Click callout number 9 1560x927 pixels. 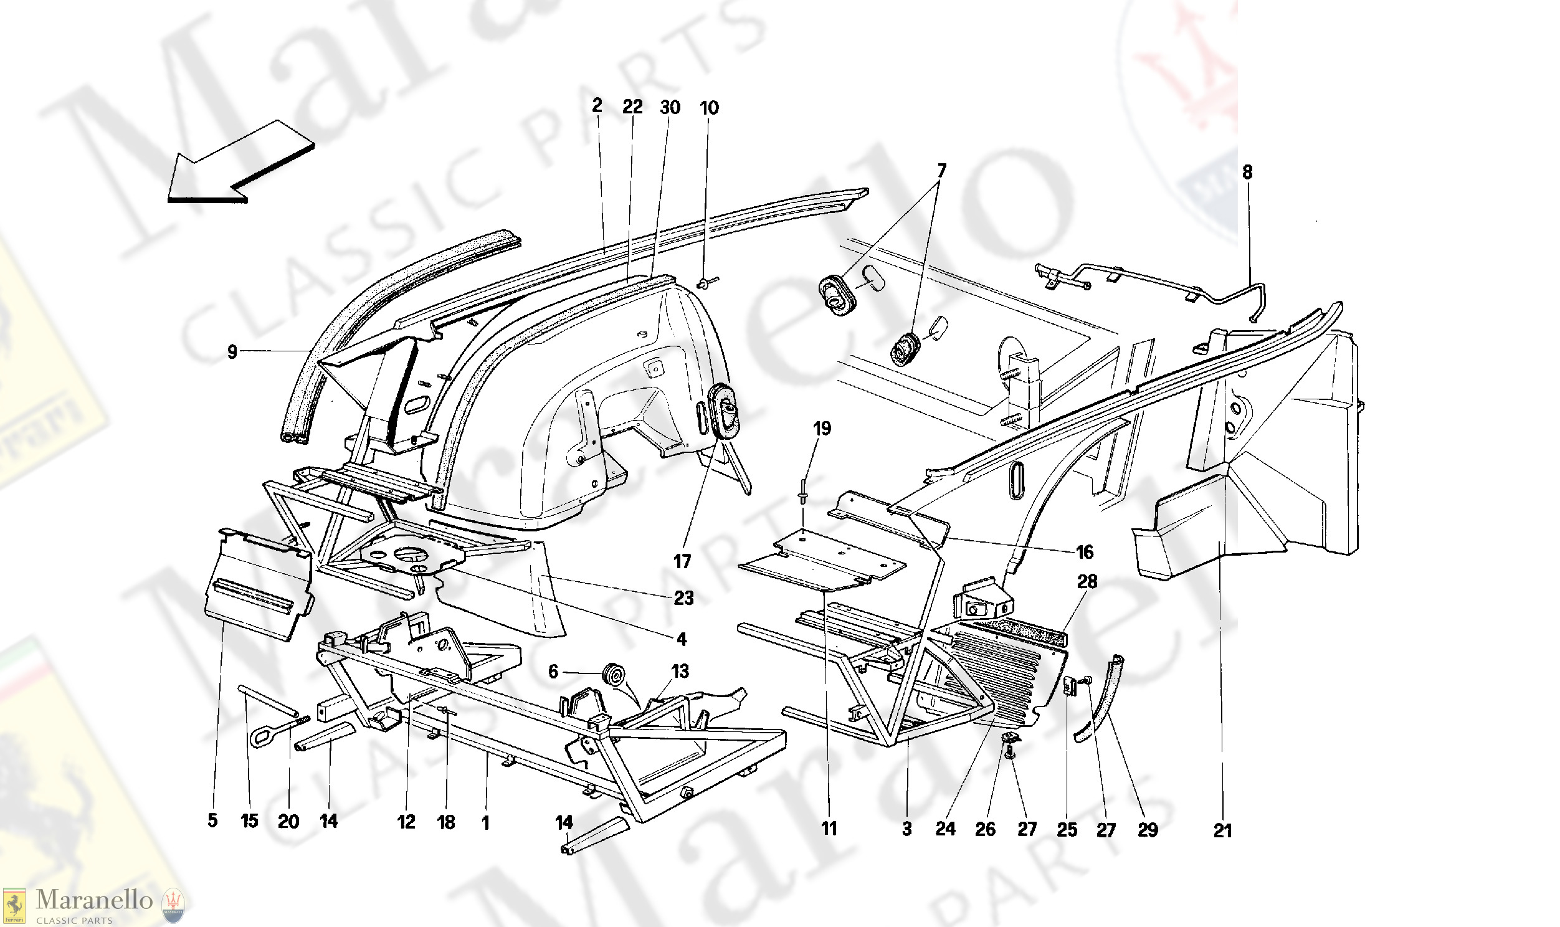[232, 353]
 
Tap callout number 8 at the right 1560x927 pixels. [1247, 173]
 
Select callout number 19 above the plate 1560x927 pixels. [822, 429]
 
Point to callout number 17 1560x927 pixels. [682, 561]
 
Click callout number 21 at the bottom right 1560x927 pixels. [1222, 830]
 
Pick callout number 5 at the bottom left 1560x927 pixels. [212, 820]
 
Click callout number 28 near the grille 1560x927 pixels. [1087, 582]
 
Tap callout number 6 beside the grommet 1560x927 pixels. [553, 672]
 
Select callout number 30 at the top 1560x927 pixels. [670, 107]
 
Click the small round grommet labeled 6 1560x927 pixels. [613, 676]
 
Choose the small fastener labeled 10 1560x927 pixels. [704, 285]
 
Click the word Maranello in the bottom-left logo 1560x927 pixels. [93, 900]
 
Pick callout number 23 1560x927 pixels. [683, 598]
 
